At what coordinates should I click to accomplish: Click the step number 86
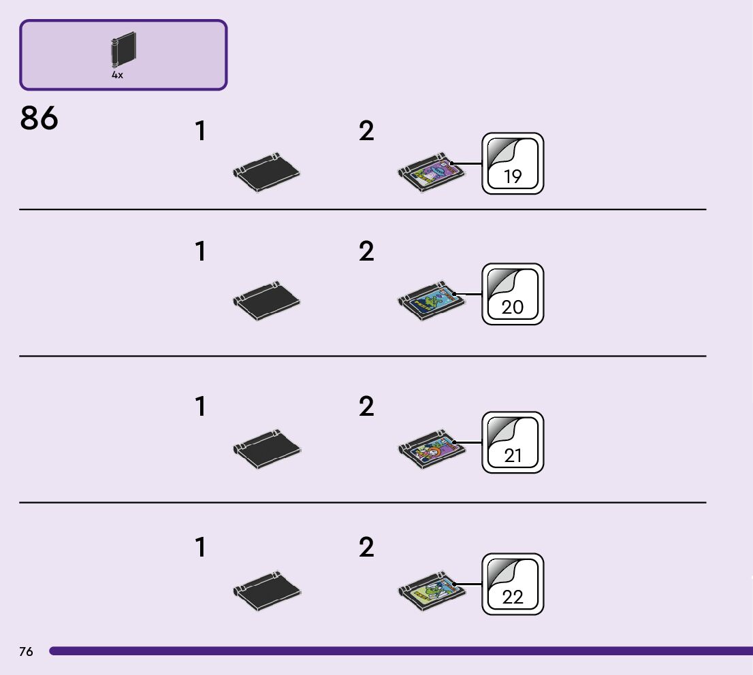(x=39, y=118)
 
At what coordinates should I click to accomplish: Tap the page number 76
(x=26, y=652)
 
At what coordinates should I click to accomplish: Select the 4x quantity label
(x=118, y=76)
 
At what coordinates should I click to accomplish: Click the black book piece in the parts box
(x=123, y=50)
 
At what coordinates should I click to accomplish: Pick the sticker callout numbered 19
(x=513, y=163)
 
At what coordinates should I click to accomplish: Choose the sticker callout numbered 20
(x=513, y=294)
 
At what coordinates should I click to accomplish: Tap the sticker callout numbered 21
(x=513, y=442)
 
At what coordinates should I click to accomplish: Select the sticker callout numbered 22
(x=513, y=584)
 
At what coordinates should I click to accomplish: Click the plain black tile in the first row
(x=266, y=171)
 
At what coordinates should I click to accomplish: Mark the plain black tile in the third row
(x=266, y=448)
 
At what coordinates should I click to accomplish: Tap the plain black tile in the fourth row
(x=266, y=590)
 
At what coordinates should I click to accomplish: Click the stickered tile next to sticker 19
(x=430, y=171)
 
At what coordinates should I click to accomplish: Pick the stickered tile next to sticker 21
(x=430, y=448)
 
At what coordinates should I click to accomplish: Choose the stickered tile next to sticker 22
(x=430, y=590)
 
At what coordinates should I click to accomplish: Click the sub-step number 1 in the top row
(x=199, y=131)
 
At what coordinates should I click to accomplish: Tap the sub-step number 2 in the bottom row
(x=366, y=548)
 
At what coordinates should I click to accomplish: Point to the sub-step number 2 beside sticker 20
(x=366, y=252)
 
